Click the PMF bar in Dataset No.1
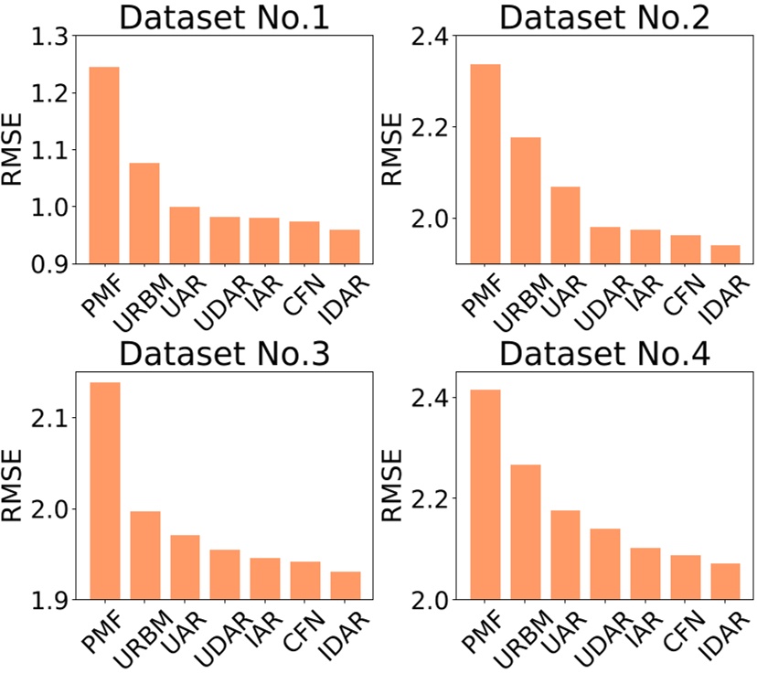tap(103, 166)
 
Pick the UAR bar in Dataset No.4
tap(565, 555)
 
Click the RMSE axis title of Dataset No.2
tap(391, 149)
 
